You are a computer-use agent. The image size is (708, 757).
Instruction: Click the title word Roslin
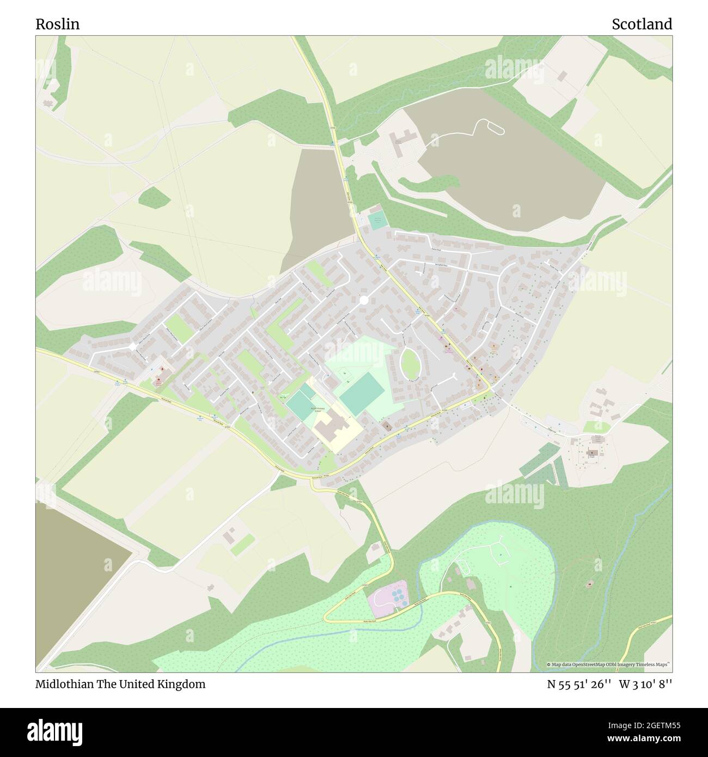tap(57, 24)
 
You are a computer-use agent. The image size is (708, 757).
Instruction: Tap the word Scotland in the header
tap(642, 24)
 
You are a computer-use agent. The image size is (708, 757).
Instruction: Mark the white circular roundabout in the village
tap(364, 300)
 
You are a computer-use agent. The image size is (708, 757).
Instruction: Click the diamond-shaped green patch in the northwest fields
tap(154, 197)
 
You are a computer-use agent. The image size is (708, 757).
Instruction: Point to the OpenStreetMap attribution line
tap(609, 664)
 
